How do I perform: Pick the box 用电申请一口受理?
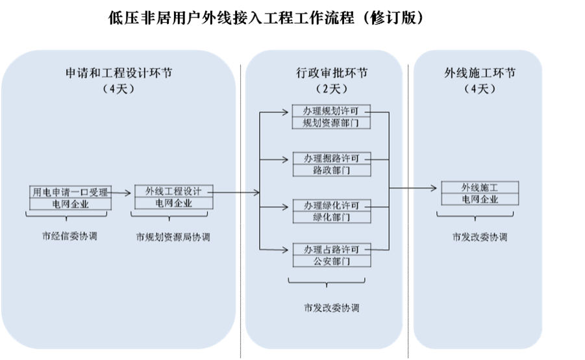tap(70, 192)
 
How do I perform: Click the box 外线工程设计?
tap(173, 192)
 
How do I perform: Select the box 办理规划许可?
tap(331, 110)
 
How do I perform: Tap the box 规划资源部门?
tap(331, 122)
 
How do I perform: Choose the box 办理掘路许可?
tap(331, 158)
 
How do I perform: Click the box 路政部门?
tap(331, 170)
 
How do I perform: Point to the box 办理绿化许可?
tap(331, 205)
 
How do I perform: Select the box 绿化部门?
tap(331, 217)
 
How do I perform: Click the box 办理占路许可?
tap(331, 250)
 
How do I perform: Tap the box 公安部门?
tap(331, 261)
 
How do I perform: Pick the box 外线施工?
tap(480, 188)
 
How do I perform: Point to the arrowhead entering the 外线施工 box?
tap(433, 189)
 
